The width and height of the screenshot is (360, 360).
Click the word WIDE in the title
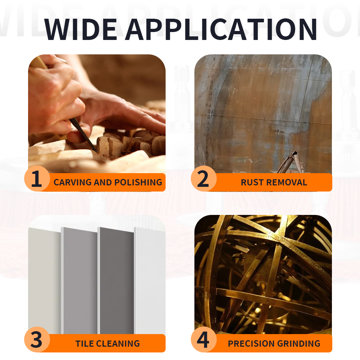pyautogui.click(x=81, y=29)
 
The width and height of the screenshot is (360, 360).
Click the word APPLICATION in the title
pyautogui.click(x=221, y=29)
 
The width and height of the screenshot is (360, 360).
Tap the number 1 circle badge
pyautogui.click(x=37, y=179)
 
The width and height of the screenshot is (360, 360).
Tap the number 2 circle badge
pyautogui.click(x=203, y=179)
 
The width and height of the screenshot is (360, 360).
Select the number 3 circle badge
pyautogui.click(x=37, y=339)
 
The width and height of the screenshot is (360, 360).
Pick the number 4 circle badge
pyautogui.click(x=203, y=339)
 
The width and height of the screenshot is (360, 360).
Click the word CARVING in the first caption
pyautogui.click(x=73, y=182)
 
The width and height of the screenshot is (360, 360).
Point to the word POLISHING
pyautogui.click(x=138, y=182)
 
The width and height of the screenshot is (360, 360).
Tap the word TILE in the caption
pyautogui.click(x=84, y=343)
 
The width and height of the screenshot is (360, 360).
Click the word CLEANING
pyautogui.click(x=118, y=343)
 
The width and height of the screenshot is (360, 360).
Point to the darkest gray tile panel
pyautogui.click(x=116, y=280)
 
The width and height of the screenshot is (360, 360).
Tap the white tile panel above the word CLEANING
pyautogui.click(x=150, y=280)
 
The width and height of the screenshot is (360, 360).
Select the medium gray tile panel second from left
pyautogui.click(x=80, y=280)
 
